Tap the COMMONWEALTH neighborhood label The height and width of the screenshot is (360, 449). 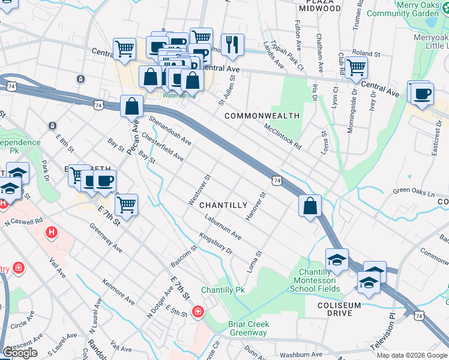coord(262,115)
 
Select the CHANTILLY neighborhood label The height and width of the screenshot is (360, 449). coord(223,205)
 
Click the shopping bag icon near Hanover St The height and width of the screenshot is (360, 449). coord(309,206)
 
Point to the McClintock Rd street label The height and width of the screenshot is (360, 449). coord(282,136)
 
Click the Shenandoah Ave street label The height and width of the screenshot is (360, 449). coord(170,130)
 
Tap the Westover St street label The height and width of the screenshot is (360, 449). coord(199,190)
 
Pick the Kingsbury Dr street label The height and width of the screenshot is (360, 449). coord(215,244)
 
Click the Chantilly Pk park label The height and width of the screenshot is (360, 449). coord(223,290)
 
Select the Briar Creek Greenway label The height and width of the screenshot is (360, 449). coord(249,328)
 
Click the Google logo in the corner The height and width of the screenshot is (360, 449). coord(20,353)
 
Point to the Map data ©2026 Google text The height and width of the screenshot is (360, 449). coord(412,355)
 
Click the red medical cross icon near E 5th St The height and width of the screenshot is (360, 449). coord(198,311)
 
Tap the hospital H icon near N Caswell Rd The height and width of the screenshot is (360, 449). coord(52,232)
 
